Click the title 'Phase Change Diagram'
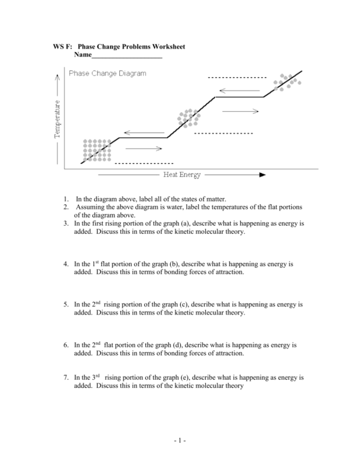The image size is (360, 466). (x=107, y=74)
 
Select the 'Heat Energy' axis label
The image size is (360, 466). (x=182, y=175)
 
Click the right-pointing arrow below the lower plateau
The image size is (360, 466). (x=144, y=148)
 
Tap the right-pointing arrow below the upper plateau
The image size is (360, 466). (x=240, y=110)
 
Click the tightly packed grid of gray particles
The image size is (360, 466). (x=97, y=150)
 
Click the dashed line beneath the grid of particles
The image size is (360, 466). (x=144, y=164)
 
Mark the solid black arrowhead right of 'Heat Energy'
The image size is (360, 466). (x=262, y=175)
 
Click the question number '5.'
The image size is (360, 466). (x=65, y=305)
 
